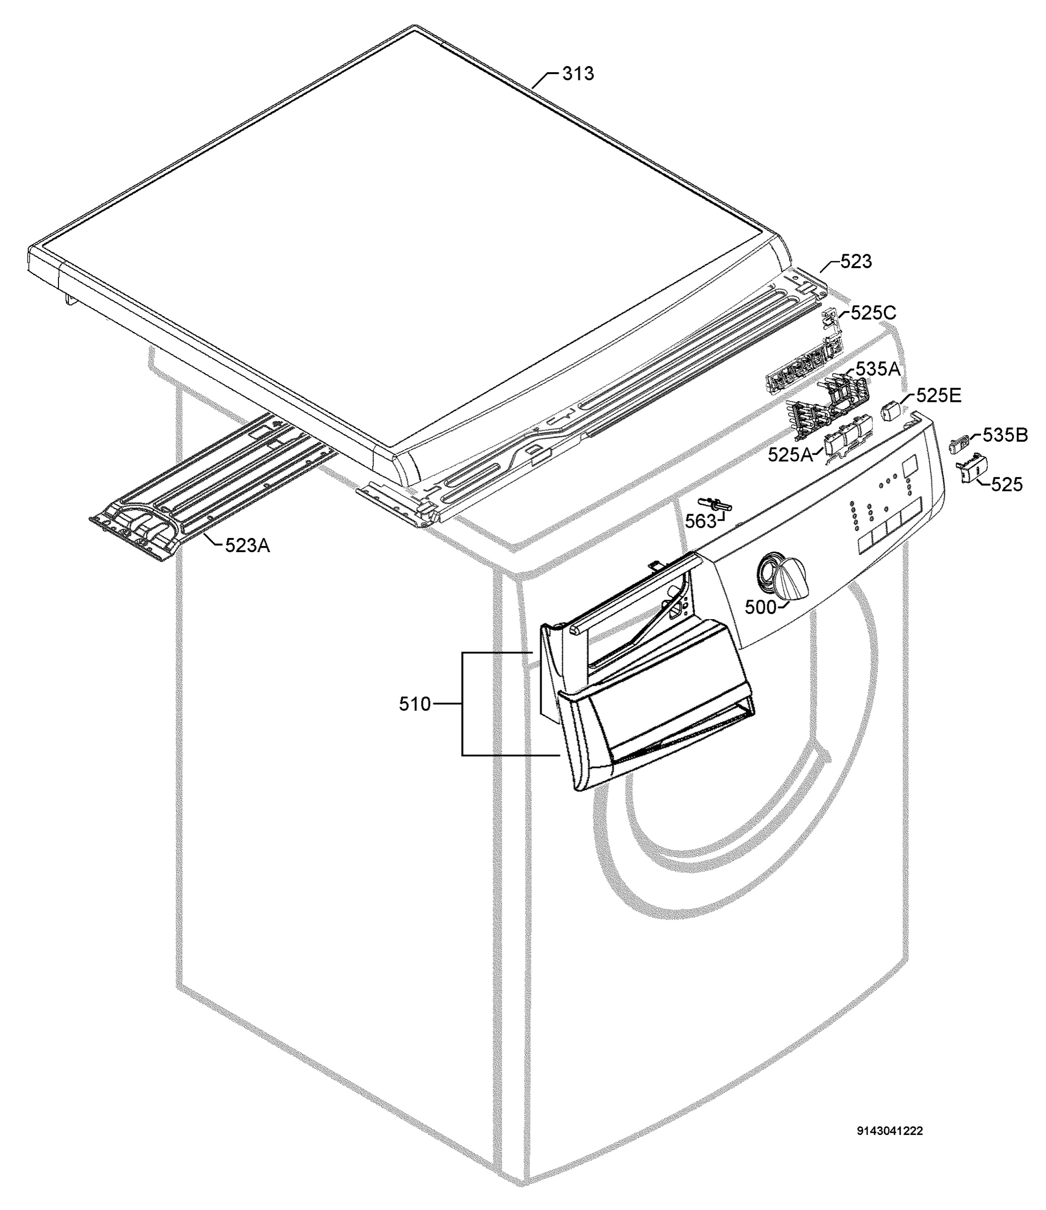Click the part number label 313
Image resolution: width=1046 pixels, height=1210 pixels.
(x=578, y=74)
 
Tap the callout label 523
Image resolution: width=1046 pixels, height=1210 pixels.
(x=856, y=262)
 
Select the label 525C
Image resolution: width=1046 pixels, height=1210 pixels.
(x=873, y=313)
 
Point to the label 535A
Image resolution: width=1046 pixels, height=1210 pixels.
(x=878, y=369)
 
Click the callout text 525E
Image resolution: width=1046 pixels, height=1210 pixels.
(x=939, y=396)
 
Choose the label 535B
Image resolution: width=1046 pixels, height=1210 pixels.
(x=1006, y=435)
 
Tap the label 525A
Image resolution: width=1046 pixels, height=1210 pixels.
(x=791, y=455)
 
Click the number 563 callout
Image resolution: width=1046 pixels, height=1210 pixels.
(x=701, y=521)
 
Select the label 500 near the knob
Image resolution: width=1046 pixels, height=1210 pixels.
(x=761, y=608)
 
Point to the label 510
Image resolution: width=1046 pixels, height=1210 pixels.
(x=415, y=704)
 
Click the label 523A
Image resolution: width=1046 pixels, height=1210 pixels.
(x=248, y=546)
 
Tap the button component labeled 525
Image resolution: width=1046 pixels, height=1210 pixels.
(x=971, y=469)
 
